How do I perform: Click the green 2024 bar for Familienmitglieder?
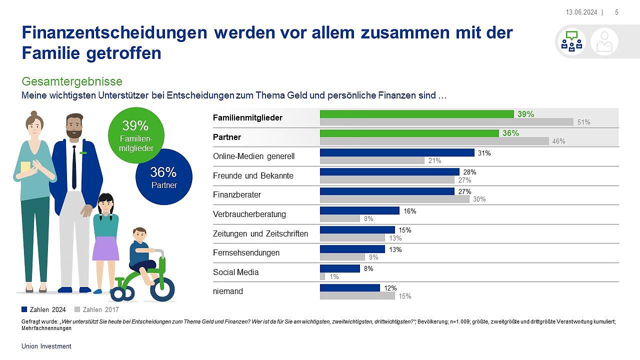coord(416,114)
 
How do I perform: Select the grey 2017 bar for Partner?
coord(434,141)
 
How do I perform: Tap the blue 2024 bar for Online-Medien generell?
coord(397,152)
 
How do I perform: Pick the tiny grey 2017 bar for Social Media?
coord(322,276)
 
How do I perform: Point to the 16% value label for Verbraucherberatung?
coord(410,211)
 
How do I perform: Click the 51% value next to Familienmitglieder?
coord(583,122)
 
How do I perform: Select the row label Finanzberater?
coord(237,194)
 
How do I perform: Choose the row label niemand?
coord(228,291)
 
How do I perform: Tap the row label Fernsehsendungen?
coord(246,252)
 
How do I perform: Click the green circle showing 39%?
coord(135,134)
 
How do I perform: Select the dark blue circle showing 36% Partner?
coord(164,177)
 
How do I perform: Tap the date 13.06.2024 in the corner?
coord(581,12)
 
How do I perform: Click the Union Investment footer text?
coord(46,346)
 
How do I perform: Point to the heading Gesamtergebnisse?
coord(72,81)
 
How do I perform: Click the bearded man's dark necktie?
coord(74,167)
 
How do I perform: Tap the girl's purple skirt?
coord(105,248)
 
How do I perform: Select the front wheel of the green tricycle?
coord(162,289)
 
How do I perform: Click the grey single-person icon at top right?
coord(604,41)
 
